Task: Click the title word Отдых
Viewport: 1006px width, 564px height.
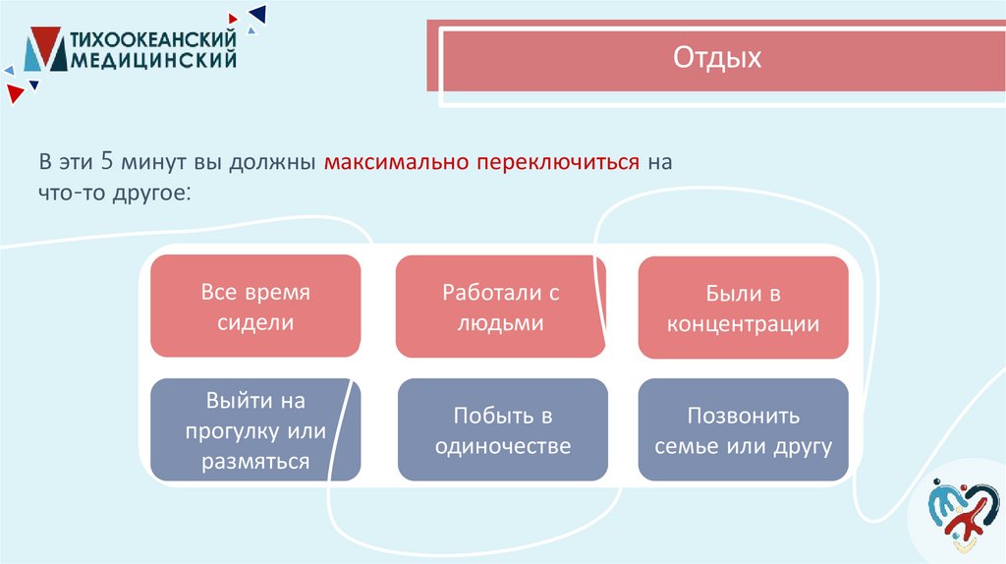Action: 717,58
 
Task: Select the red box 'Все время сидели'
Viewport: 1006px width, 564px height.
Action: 254,306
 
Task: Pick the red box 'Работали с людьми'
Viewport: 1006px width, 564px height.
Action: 500,306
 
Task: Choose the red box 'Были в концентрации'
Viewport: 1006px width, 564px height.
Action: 743,307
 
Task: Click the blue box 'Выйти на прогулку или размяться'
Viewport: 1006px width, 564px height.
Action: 254,430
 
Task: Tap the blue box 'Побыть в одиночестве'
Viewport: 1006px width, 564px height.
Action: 502,429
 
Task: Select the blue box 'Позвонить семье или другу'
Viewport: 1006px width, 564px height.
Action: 743,429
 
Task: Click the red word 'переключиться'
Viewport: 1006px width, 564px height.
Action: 558,160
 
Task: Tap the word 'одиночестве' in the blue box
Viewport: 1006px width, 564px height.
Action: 502,446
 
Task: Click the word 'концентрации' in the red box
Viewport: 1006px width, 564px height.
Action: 743,324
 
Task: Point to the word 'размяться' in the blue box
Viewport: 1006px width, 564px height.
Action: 255,462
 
